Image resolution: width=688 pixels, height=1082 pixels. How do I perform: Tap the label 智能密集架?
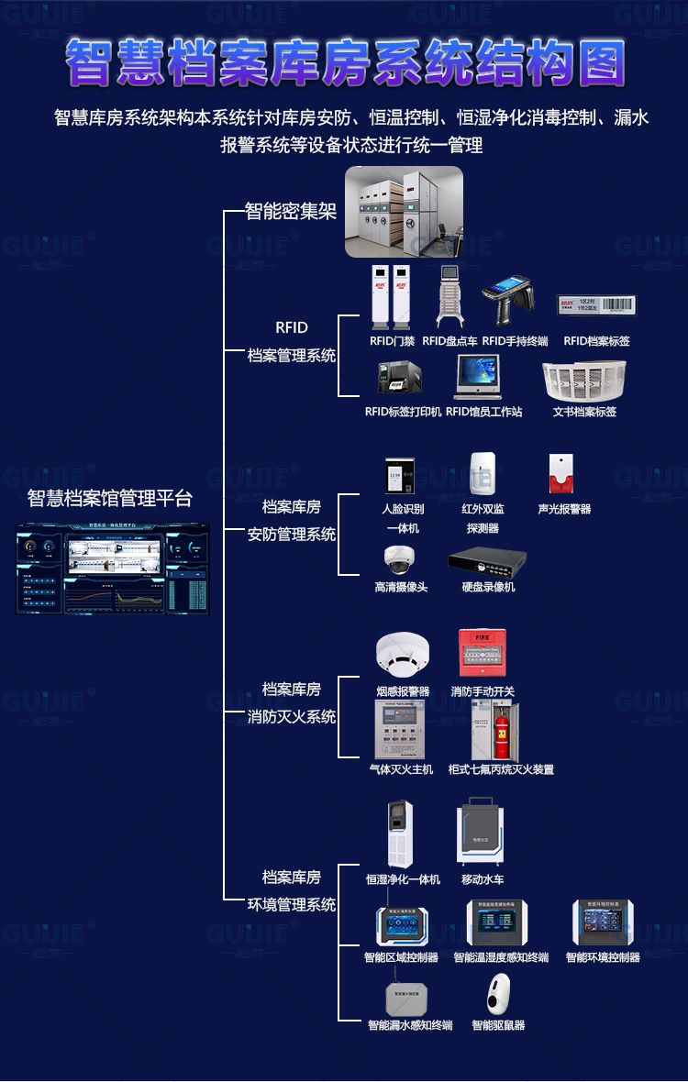[x=291, y=212]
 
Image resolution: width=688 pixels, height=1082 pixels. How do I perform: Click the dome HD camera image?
[x=400, y=559]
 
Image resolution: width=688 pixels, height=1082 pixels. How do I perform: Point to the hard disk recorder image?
[x=487, y=559]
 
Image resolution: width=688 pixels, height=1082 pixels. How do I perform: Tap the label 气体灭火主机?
[x=401, y=769]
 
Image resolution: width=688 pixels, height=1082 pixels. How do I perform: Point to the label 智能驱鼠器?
[x=498, y=1025]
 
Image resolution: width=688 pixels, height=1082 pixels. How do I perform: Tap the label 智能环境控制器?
[x=602, y=957]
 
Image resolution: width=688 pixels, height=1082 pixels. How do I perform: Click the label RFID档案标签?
[x=596, y=341]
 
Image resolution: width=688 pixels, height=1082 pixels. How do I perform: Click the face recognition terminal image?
[x=401, y=477]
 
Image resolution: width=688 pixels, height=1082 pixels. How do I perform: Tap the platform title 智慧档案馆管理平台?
[x=110, y=499]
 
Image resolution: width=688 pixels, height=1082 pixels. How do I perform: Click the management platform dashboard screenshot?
[x=112, y=569]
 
